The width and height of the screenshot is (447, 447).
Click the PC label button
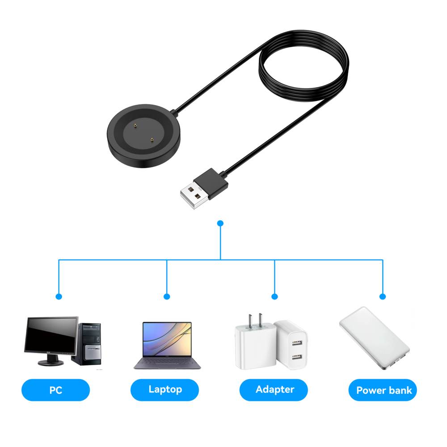point(55,390)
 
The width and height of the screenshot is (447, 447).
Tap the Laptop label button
point(164,390)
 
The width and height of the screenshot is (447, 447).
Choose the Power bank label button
point(383,390)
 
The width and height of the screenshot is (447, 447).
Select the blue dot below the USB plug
point(220,223)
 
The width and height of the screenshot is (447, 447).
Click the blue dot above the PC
point(59,296)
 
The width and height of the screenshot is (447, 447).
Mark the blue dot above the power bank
point(382,296)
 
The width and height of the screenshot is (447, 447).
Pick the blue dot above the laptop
point(167,296)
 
